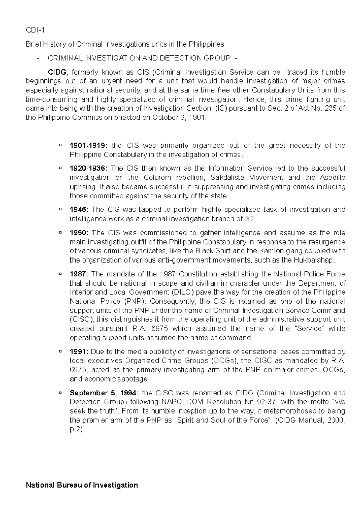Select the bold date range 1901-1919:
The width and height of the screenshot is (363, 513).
coord(88,146)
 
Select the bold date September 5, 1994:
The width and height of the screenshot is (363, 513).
coord(104,393)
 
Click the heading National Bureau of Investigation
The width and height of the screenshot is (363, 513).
coord(82,485)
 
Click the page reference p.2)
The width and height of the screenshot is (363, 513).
coord(76,429)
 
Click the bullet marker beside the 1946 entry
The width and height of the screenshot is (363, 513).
coord(61,209)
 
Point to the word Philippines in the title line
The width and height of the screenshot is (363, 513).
coord(206,44)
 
